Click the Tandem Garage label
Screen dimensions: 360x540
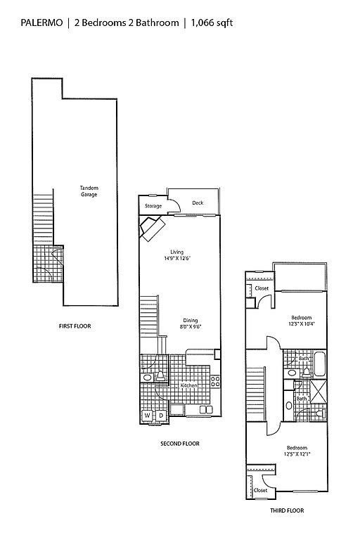point(89,191)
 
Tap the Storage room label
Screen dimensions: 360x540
point(153,206)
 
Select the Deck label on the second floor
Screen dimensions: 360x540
point(198,202)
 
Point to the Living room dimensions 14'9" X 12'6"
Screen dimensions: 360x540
point(177,258)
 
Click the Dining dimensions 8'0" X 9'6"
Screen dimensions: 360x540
point(190,326)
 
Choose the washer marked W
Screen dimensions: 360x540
point(147,416)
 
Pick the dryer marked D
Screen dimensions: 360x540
point(161,416)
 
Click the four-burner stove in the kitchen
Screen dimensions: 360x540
point(215,382)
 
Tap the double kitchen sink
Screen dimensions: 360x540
point(206,409)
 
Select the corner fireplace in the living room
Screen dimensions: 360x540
point(152,228)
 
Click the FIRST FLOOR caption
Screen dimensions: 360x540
point(75,326)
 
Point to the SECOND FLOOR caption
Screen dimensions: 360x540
point(180,444)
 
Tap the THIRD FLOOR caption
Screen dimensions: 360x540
point(287,510)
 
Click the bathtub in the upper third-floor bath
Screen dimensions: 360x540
point(320,364)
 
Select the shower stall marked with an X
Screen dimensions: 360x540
point(319,391)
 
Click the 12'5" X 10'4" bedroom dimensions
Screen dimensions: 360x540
point(302,323)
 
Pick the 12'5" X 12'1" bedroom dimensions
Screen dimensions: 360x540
point(297,454)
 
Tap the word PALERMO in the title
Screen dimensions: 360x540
point(41,22)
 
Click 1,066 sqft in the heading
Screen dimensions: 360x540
point(212,23)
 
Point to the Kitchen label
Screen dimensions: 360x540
point(188,385)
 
